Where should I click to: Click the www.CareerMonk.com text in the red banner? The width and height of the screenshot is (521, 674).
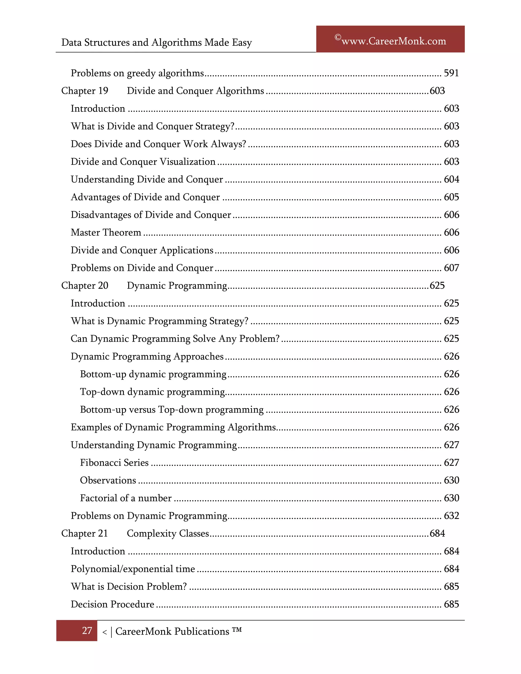(394, 41)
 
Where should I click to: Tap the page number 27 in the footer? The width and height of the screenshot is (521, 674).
(87, 631)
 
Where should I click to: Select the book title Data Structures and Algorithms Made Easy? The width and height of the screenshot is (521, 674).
(156, 42)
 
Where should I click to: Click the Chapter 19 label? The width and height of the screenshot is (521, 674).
(84, 91)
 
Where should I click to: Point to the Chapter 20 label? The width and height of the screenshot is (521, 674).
(84, 285)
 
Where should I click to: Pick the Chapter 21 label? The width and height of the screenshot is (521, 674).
(84, 533)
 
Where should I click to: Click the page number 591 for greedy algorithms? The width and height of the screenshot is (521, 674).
(451, 73)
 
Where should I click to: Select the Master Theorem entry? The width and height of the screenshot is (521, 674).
(106, 232)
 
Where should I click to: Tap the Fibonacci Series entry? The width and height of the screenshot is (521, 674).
(114, 463)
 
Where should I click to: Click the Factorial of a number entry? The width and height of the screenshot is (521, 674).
(126, 498)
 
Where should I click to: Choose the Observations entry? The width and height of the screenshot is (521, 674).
(108, 480)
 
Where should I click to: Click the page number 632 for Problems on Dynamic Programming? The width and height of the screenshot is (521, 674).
(451, 516)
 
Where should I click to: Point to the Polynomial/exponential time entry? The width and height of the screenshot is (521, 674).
(133, 569)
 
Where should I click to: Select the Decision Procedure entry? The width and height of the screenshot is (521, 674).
(112, 604)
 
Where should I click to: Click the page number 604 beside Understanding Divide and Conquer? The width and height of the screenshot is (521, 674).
(451, 179)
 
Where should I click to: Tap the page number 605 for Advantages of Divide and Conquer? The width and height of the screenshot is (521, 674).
(451, 197)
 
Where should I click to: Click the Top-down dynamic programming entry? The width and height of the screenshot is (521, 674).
(152, 392)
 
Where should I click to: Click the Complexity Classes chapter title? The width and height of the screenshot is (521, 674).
(168, 533)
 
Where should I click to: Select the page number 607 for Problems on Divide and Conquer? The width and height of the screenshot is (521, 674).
(451, 268)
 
